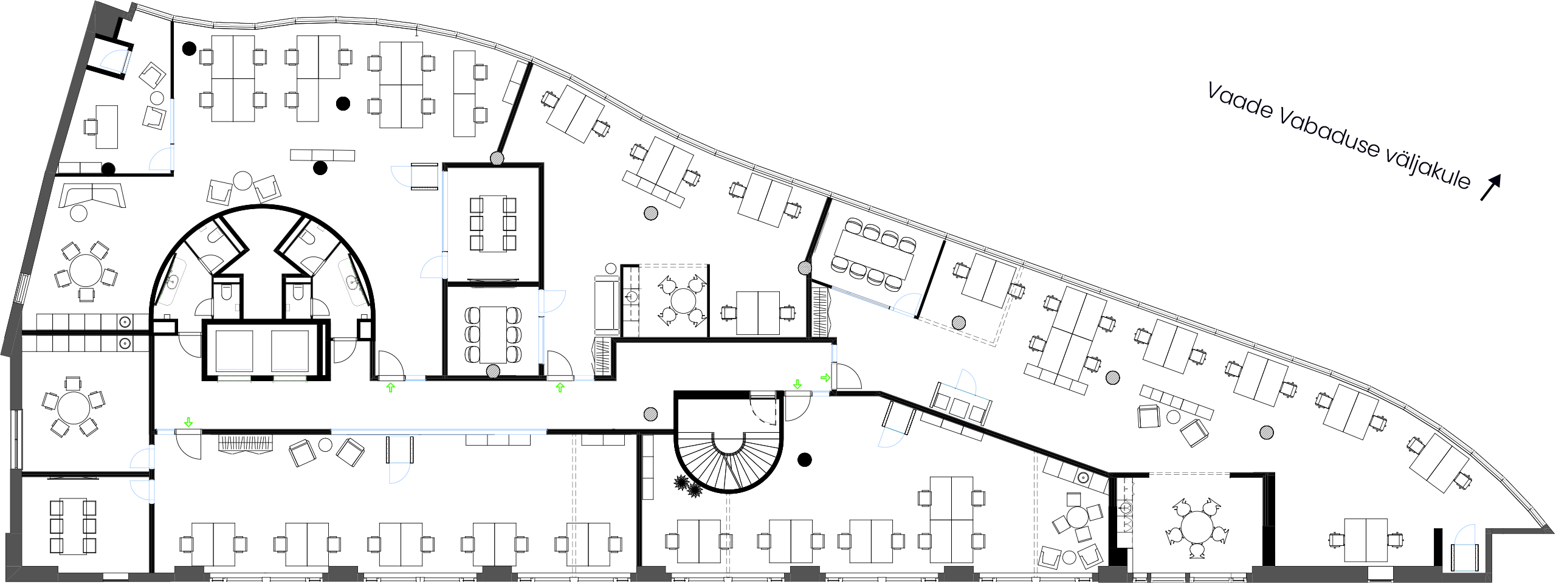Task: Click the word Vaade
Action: (x=1239, y=102)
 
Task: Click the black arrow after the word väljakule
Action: (x=1490, y=187)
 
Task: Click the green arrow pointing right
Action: (x=825, y=378)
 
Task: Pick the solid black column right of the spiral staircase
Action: (x=805, y=460)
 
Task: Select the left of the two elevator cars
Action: (x=234, y=351)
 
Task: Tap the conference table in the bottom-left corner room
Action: (x=73, y=526)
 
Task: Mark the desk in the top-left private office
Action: (x=106, y=126)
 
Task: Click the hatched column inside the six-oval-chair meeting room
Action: (x=493, y=371)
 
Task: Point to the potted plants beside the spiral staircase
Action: (x=687, y=486)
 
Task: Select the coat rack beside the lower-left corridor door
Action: (x=245, y=443)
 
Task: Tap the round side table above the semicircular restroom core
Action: (x=243, y=181)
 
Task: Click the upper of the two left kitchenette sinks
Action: (x=125, y=322)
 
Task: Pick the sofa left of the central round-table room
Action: (x=606, y=303)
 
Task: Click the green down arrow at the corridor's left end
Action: (x=188, y=422)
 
